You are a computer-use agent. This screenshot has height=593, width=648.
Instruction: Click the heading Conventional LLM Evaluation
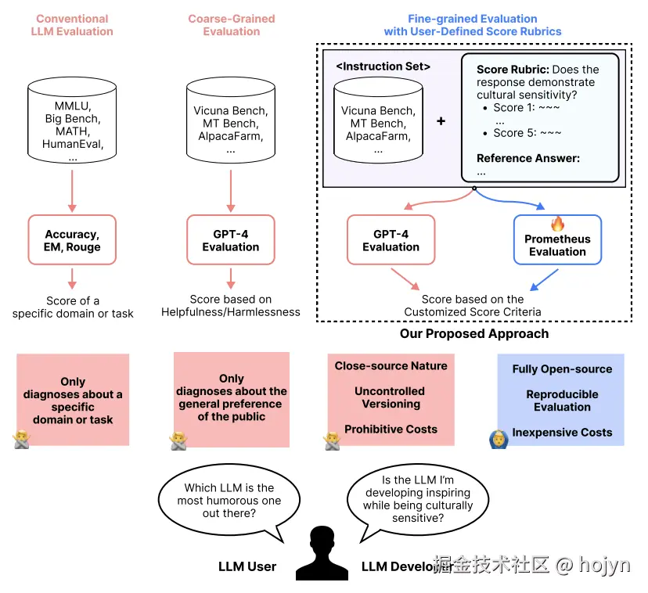point(72,25)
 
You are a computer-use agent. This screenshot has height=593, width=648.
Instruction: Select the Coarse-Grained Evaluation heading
point(231,25)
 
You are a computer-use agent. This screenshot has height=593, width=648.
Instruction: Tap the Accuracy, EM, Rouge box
point(73,239)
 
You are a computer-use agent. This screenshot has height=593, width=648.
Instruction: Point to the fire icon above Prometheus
point(557,225)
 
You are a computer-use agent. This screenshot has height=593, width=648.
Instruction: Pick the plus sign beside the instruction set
point(441,121)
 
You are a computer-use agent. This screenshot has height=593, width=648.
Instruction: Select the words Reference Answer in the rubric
point(528,158)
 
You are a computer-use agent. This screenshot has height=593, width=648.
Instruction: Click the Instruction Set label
point(383,66)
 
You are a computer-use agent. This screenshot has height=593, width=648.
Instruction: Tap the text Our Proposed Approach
point(474,333)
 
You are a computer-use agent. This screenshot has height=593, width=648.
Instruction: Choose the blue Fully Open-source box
point(562,400)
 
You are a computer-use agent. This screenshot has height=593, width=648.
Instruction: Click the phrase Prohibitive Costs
point(391,429)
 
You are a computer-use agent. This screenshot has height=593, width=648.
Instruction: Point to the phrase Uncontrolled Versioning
point(391,397)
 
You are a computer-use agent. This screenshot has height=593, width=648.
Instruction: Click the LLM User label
point(247,566)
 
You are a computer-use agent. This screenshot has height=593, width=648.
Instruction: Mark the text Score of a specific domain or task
point(73,307)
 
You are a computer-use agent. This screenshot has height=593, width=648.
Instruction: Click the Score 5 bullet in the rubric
point(527,132)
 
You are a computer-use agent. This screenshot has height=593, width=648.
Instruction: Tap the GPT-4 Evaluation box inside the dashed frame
point(391,240)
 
